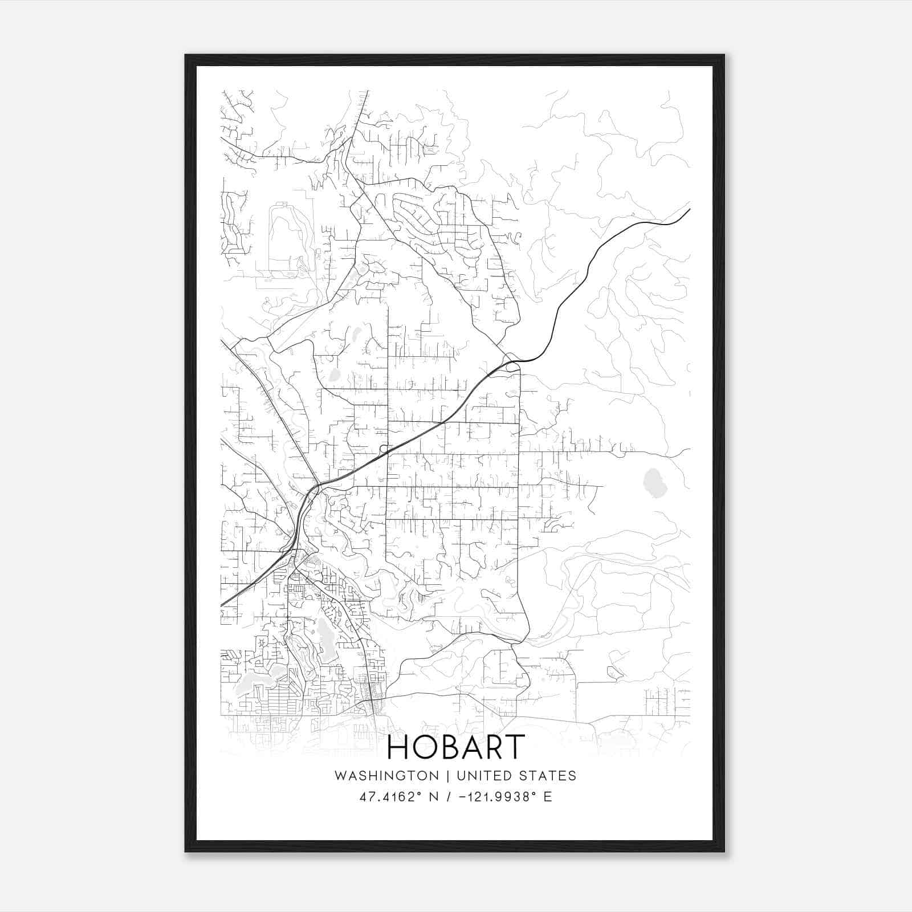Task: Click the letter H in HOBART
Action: pyautogui.click(x=400, y=747)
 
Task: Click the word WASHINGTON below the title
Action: pyautogui.click(x=386, y=776)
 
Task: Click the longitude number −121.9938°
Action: pyautogui.click(x=498, y=797)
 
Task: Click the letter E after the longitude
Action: pyautogui.click(x=548, y=797)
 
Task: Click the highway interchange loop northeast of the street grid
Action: pyautogui.click(x=512, y=362)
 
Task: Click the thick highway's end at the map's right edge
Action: pyautogui.click(x=689, y=210)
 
